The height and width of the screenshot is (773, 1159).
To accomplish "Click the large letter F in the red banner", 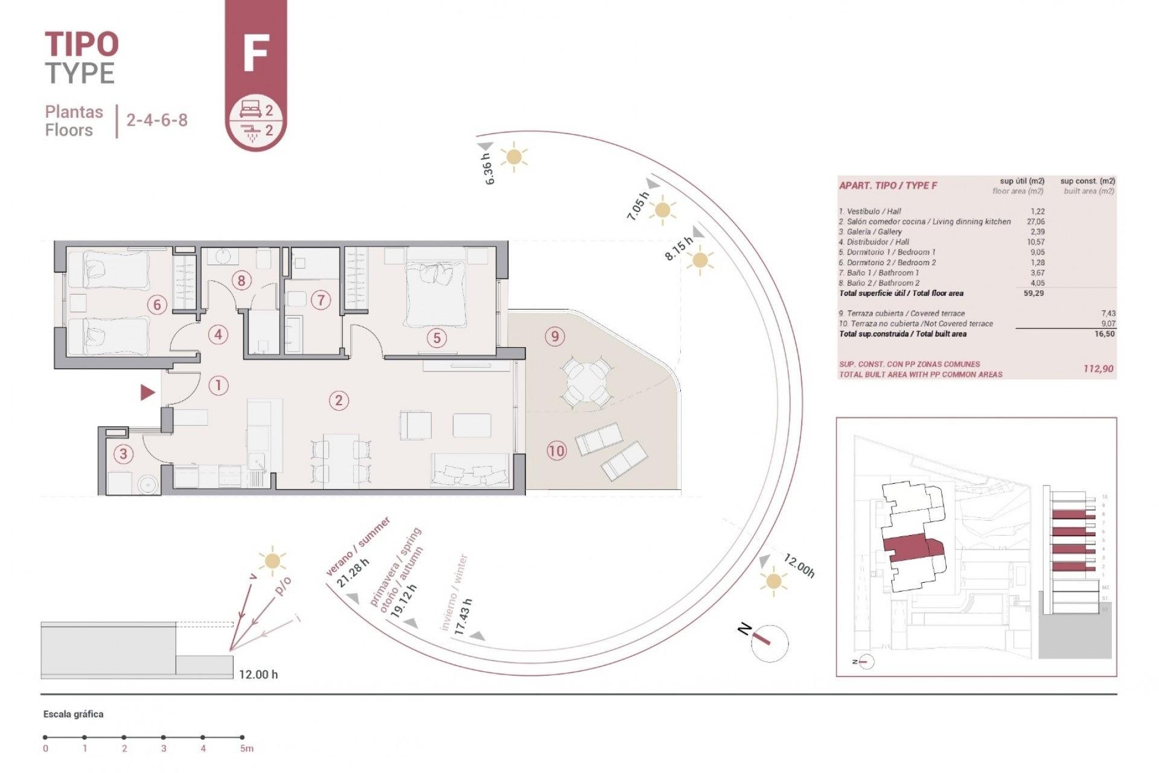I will pos(255,54).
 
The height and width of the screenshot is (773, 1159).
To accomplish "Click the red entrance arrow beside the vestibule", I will pos(147,393).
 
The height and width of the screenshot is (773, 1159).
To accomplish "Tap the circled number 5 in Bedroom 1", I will pos(436,338).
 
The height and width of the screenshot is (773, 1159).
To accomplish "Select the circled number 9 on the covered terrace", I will pos(555,336).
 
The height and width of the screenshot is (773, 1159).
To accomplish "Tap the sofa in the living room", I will pos(470,470).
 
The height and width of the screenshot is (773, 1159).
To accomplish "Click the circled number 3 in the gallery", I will pos(124,454).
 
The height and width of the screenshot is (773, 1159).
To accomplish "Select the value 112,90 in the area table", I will pos(1098,369).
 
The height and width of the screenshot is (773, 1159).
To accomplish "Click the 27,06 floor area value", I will pos(1035,222).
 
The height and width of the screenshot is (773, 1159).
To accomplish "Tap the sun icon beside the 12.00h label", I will pos(773,582).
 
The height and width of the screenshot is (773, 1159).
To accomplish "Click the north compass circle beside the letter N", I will pos(770,643).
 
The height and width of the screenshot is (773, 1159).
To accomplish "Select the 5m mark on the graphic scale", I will pos(242,737).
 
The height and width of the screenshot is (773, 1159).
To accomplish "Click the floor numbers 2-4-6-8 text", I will pos(157,120).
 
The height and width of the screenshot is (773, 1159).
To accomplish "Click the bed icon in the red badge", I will pos(250,109).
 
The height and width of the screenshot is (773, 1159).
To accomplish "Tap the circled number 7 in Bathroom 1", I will pos(321,300).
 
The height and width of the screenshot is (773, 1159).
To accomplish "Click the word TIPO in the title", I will pos(81,44).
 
